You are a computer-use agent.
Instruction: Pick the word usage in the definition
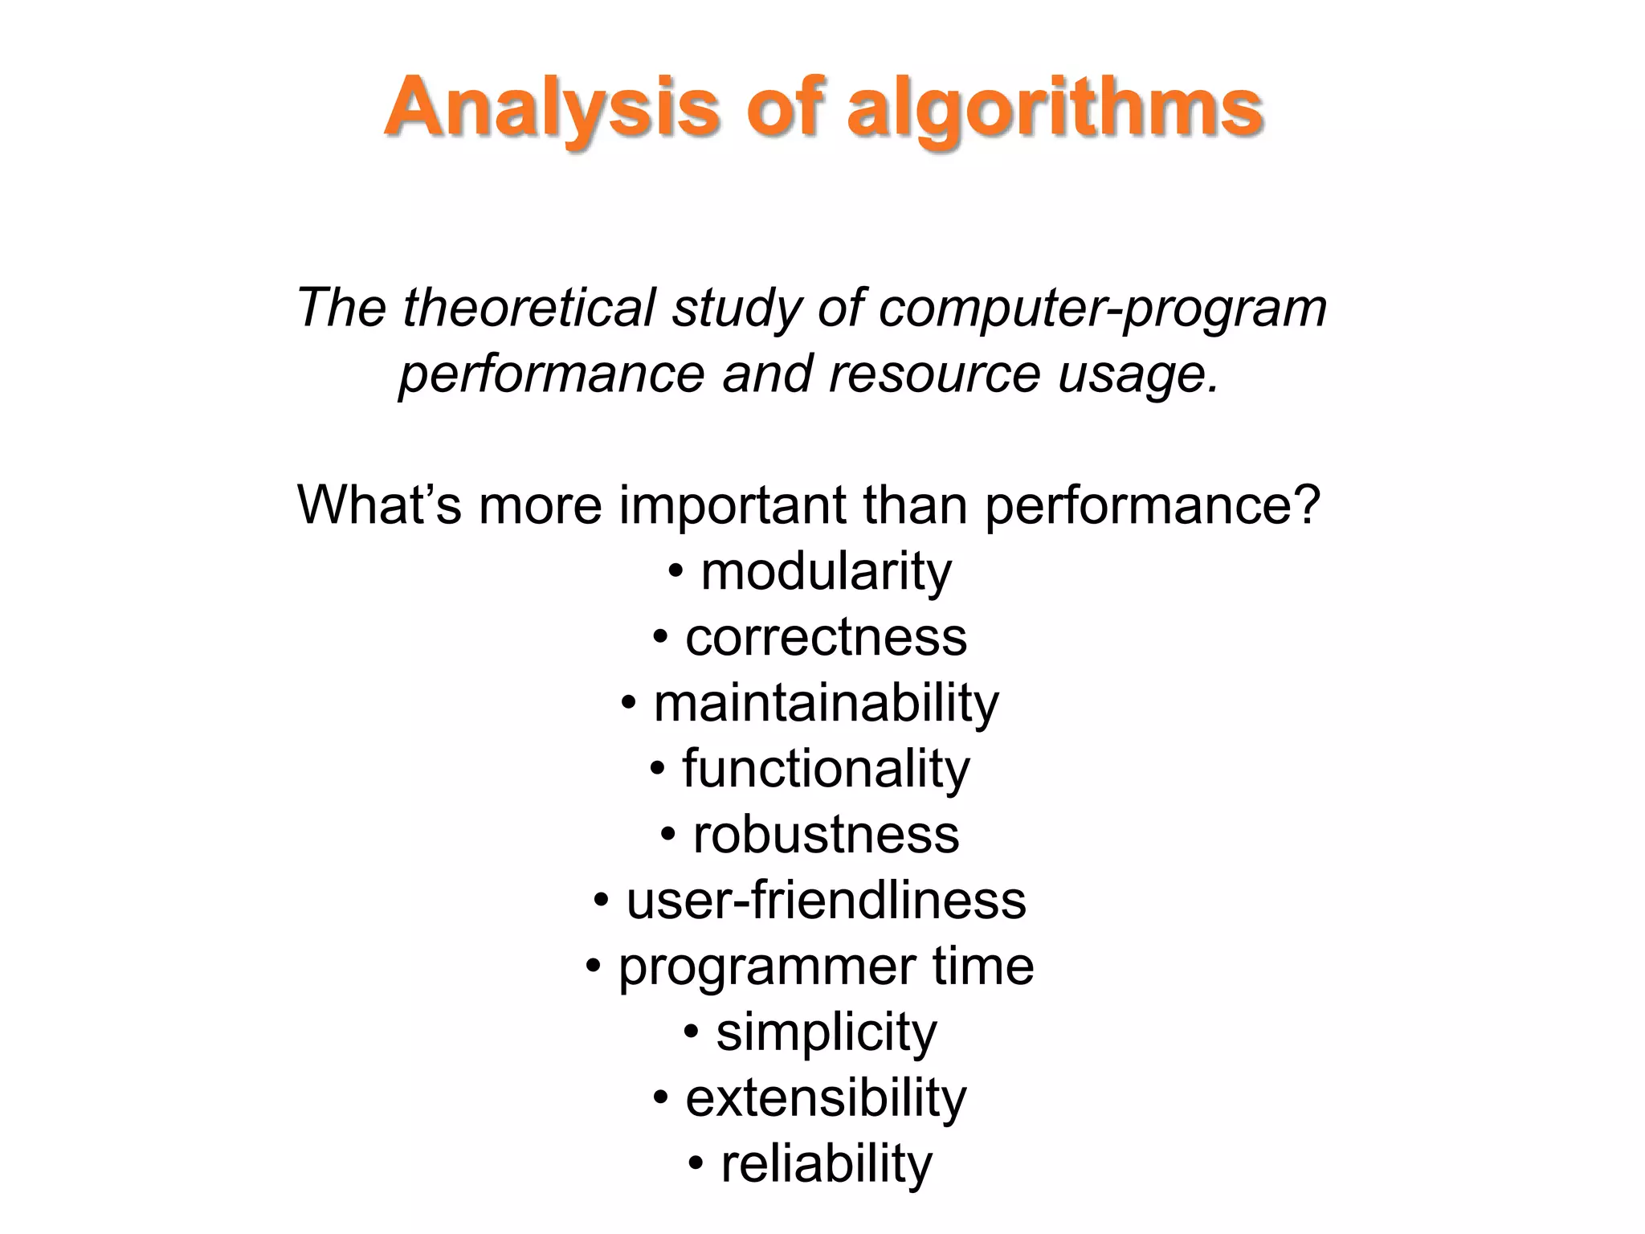point(1137,374)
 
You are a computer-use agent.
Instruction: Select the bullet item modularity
point(826,572)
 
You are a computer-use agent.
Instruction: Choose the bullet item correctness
point(826,638)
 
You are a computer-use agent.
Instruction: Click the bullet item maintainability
point(826,704)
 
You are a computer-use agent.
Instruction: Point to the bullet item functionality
point(826,770)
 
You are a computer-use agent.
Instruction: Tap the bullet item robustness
point(826,836)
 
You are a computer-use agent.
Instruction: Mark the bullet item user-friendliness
point(826,901)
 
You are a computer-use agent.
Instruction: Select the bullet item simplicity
point(826,1033)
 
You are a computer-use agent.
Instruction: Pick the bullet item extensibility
point(826,1099)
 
